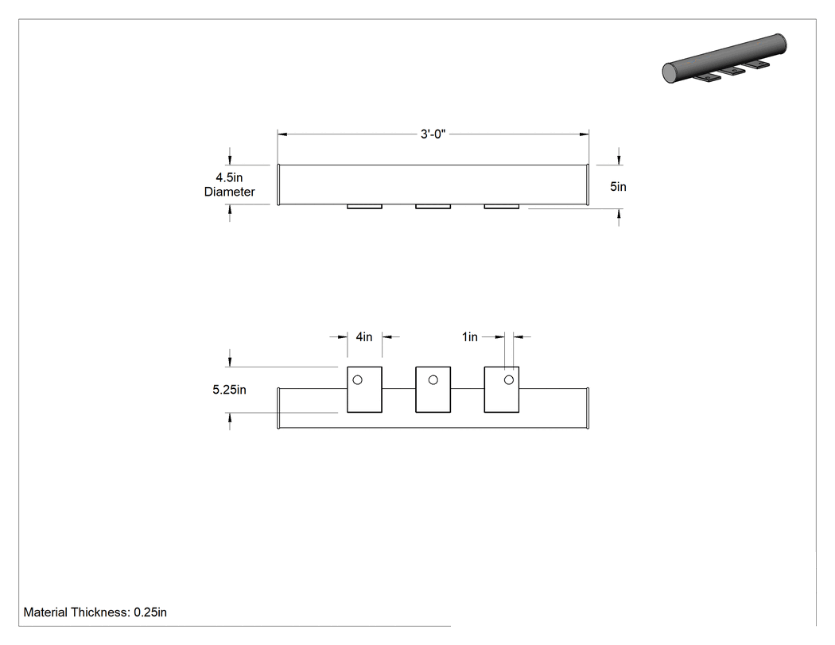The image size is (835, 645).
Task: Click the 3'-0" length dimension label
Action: click(x=433, y=134)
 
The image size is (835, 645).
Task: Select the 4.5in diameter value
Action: click(x=229, y=177)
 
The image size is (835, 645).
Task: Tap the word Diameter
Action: click(x=230, y=192)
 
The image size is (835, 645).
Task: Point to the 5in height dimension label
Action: click(x=618, y=187)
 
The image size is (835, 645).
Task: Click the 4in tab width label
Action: click(x=364, y=337)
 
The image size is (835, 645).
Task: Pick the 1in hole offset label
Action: click(x=470, y=337)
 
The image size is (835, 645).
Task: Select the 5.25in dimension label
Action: click(x=230, y=390)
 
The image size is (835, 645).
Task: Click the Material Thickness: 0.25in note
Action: click(x=95, y=612)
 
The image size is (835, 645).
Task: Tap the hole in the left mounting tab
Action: click(x=357, y=379)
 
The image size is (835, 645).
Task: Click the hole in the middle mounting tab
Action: click(x=433, y=379)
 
